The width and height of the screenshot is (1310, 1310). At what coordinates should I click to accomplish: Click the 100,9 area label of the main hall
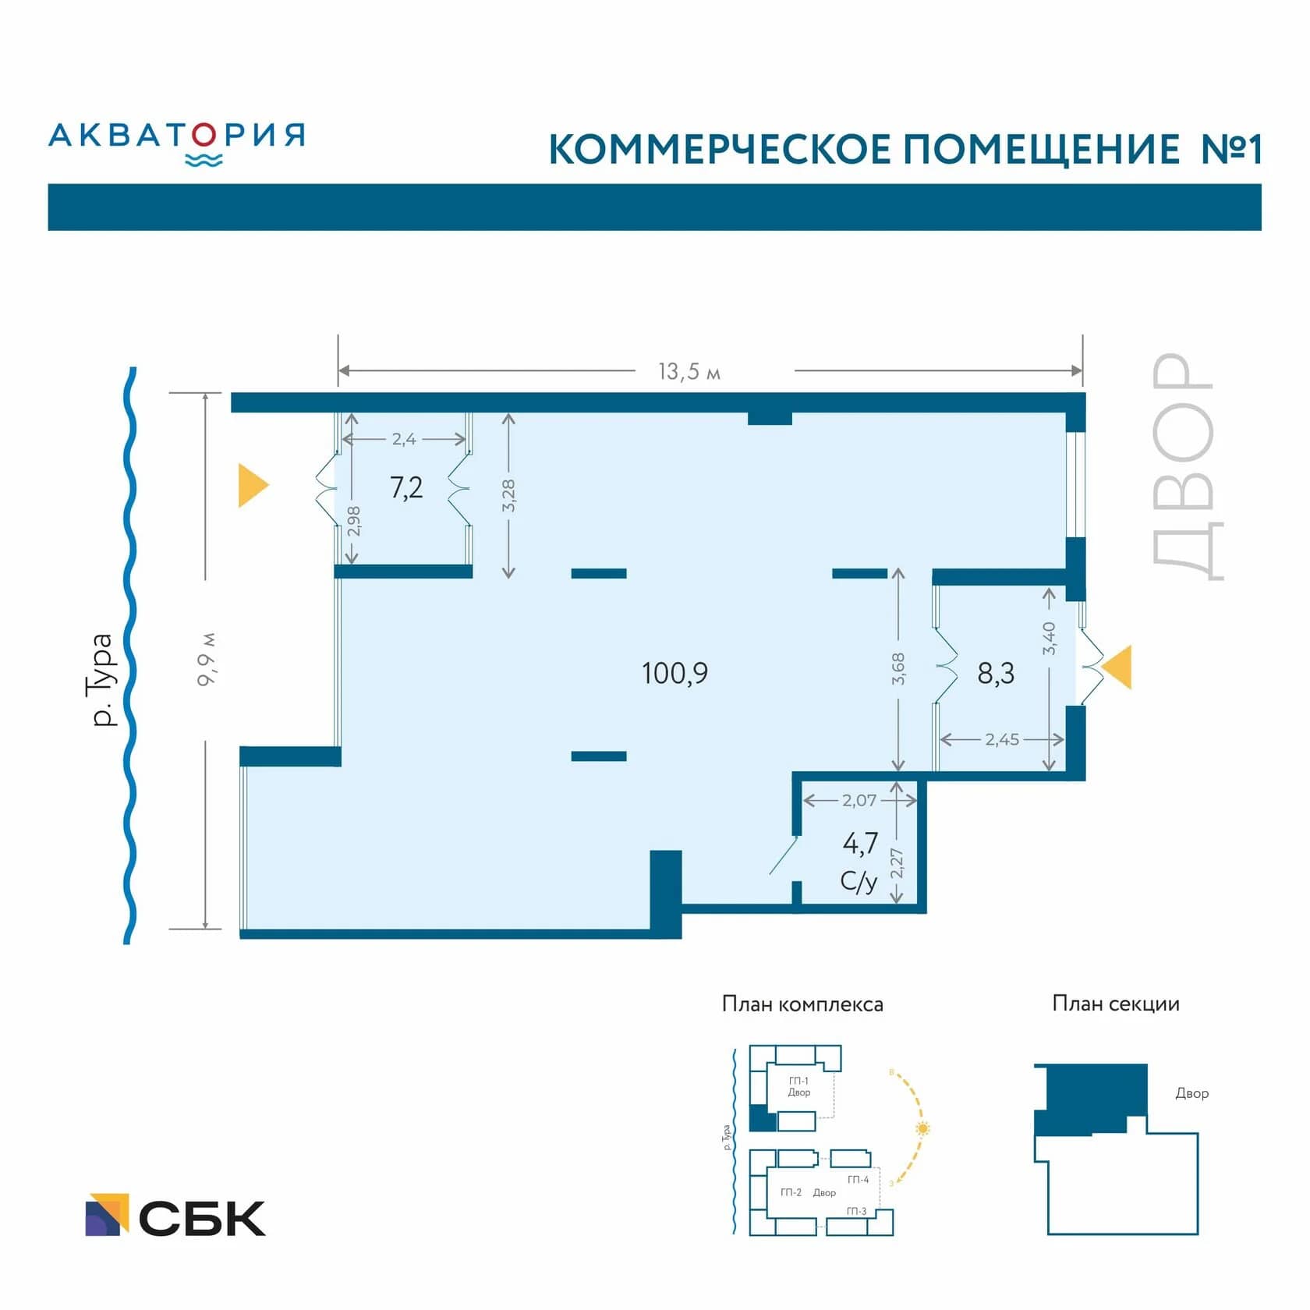(674, 673)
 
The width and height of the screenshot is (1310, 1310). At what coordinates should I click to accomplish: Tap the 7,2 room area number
(406, 488)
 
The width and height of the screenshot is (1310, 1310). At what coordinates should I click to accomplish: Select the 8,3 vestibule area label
(996, 673)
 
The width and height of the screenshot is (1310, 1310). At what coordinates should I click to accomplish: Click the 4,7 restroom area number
(860, 843)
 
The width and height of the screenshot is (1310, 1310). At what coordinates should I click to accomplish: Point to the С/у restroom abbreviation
(859, 881)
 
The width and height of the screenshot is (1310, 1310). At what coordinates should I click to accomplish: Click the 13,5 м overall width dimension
(689, 371)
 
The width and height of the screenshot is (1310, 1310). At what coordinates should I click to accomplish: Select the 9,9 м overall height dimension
(207, 660)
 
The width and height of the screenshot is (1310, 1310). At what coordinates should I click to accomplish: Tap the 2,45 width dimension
(1001, 739)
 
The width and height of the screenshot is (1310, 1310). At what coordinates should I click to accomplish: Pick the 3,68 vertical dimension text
(898, 669)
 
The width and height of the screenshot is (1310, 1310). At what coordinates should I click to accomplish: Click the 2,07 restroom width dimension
(859, 800)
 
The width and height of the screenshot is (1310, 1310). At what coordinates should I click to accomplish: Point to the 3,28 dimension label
(508, 495)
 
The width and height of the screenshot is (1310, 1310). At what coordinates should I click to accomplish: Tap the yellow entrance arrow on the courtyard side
(1117, 667)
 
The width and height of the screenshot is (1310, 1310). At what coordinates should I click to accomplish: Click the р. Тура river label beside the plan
(102, 680)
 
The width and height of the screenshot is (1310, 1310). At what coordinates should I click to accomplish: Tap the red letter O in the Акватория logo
(204, 136)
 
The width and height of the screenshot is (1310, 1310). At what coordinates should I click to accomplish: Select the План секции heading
(1115, 1004)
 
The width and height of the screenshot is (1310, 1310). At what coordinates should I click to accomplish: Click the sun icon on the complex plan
(923, 1128)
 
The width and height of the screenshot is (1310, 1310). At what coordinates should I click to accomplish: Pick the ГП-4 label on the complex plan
(858, 1179)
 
